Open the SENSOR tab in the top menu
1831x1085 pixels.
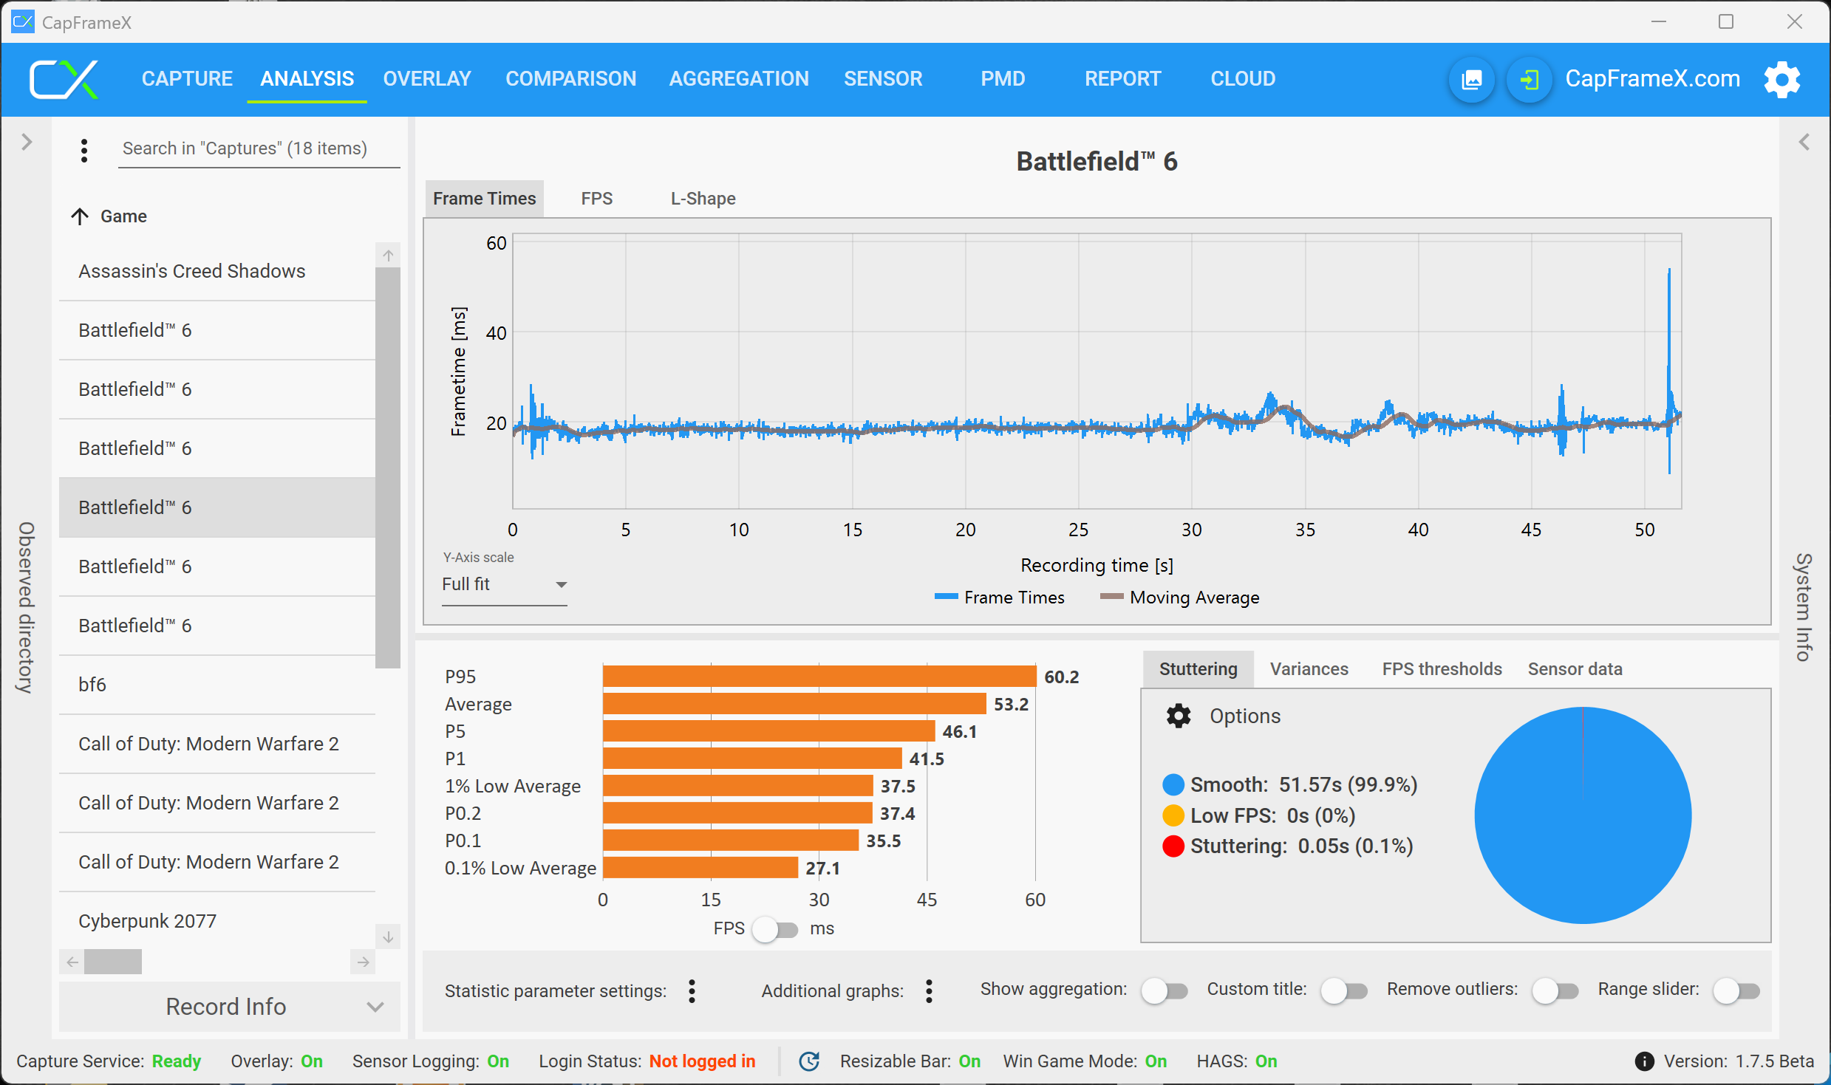(x=883, y=78)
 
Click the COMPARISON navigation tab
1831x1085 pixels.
(x=570, y=78)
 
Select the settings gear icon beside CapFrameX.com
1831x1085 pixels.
(x=1781, y=79)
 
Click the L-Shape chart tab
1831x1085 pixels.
(x=703, y=199)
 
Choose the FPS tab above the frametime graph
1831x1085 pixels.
(x=596, y=199)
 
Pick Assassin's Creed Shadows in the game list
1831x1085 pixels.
(x=192, y=271)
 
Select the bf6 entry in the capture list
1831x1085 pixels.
(x=92, y=685)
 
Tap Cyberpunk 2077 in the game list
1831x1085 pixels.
(x=148, y=921)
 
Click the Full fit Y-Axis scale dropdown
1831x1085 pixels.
(x=504, y=584)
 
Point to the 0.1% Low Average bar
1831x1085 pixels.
(x=700, y=868)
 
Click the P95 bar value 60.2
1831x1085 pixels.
(x=1061, y=677)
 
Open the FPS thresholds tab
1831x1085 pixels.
(x=1442, y=669)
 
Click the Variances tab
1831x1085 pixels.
(x=1309, y=669)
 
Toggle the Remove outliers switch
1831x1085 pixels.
(x=1555, y=990)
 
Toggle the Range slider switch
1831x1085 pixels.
(x=1736, y=990)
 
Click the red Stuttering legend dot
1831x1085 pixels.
(x=1173, y=846)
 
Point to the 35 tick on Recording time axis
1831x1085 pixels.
(x=1305, y=530)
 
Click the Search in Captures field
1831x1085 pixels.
(x=259, y=148)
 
